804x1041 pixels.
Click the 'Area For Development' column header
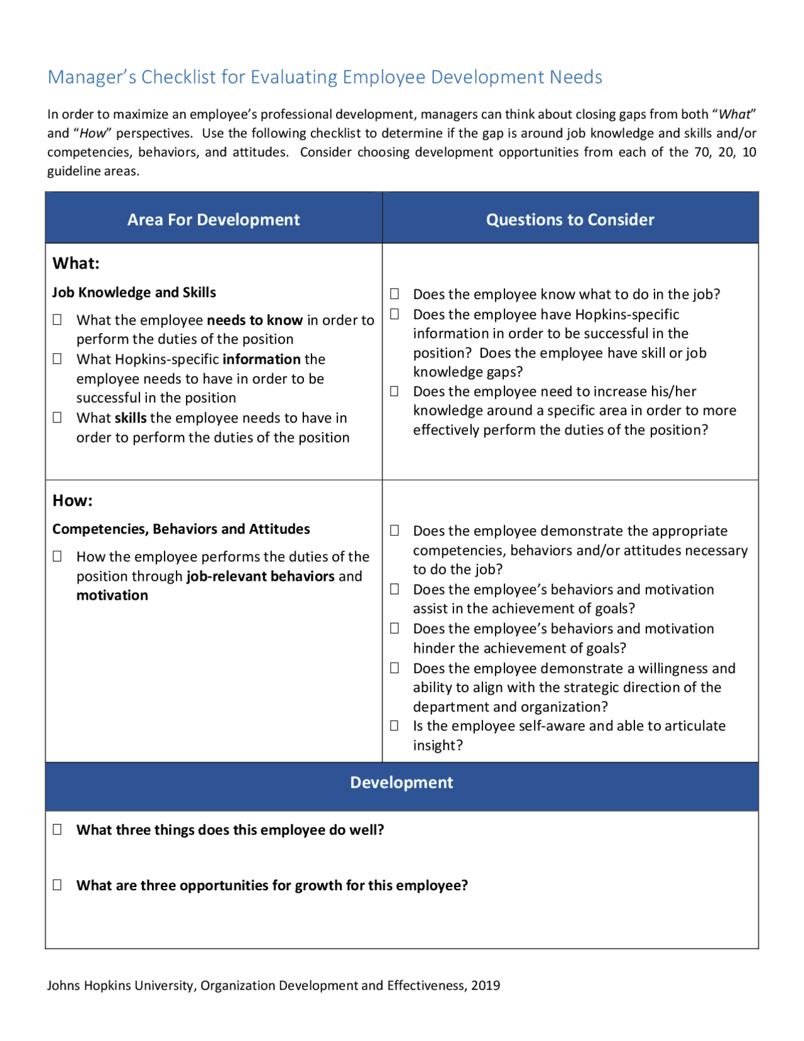click(213, 219)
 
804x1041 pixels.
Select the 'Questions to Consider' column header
click(570, 219)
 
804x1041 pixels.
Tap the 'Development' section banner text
click(401, 782)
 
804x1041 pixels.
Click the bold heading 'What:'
click(76, 263)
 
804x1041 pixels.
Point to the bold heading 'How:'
click(72, 500)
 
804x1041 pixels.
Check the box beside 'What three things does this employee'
click(57, 829)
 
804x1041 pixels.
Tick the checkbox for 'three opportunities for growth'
click(57, 884)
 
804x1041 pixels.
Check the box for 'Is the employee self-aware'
click(394, 725)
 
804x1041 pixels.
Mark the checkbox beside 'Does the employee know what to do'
click(394, 294)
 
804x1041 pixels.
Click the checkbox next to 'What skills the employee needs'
click(57, 417)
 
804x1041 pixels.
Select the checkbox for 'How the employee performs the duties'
click(57, 556)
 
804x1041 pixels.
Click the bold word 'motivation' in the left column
click(112, 595)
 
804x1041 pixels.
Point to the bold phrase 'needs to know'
click(254, 320)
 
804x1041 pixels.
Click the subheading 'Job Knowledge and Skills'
click(134, 292)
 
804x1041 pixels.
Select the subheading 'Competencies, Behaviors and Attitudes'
click(181, 529)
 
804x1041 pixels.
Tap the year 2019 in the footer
click(486, 985)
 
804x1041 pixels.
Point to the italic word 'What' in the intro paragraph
click(734, 114)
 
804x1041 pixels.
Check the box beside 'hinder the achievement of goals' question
click(394, 628)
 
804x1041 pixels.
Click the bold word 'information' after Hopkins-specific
click(261, 359)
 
